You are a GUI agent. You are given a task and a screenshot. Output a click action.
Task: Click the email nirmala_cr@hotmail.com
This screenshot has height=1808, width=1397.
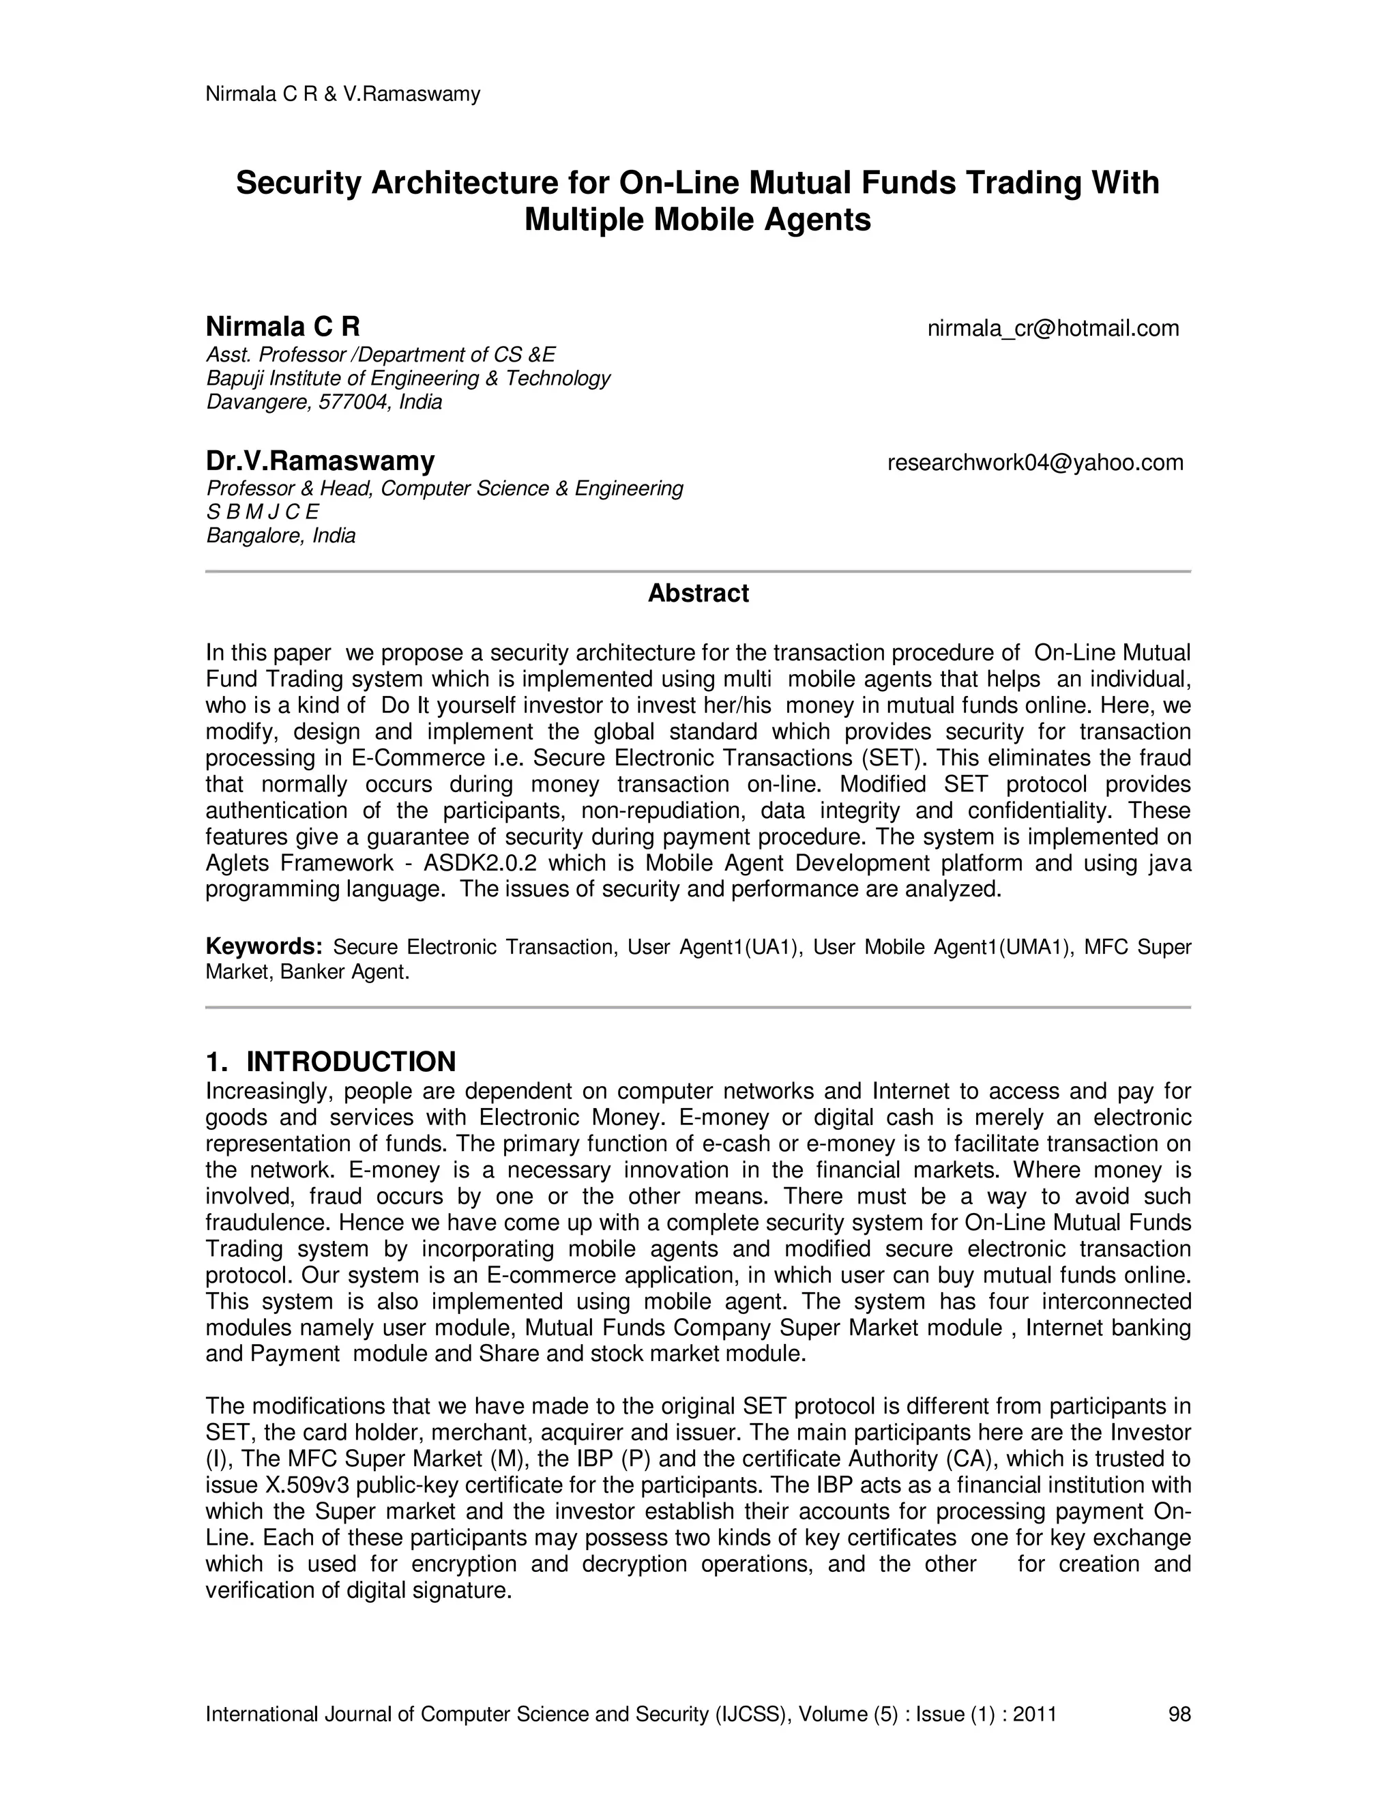point(1053,329)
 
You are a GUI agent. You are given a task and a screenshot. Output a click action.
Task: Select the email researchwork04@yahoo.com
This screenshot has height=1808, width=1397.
point(1035,462)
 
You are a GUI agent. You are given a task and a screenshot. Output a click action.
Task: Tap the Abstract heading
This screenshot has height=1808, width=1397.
point(698,594)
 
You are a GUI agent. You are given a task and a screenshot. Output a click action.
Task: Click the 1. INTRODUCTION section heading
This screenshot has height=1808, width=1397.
point(330,1062)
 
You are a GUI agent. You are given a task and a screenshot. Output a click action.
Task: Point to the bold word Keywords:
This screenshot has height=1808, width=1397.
point(263,946)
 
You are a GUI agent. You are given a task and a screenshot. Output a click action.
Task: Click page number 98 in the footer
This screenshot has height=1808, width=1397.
point(1179,1714)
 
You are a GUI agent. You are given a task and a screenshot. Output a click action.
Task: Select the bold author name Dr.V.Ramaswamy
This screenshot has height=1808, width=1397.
point(321,461)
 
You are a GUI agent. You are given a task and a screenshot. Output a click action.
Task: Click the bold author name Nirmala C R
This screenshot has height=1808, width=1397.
point(282,326)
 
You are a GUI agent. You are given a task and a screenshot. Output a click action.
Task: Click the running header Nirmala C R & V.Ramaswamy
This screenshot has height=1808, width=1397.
point(342,94)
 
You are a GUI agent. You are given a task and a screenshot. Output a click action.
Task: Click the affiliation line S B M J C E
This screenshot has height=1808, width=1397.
point(263,512)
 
